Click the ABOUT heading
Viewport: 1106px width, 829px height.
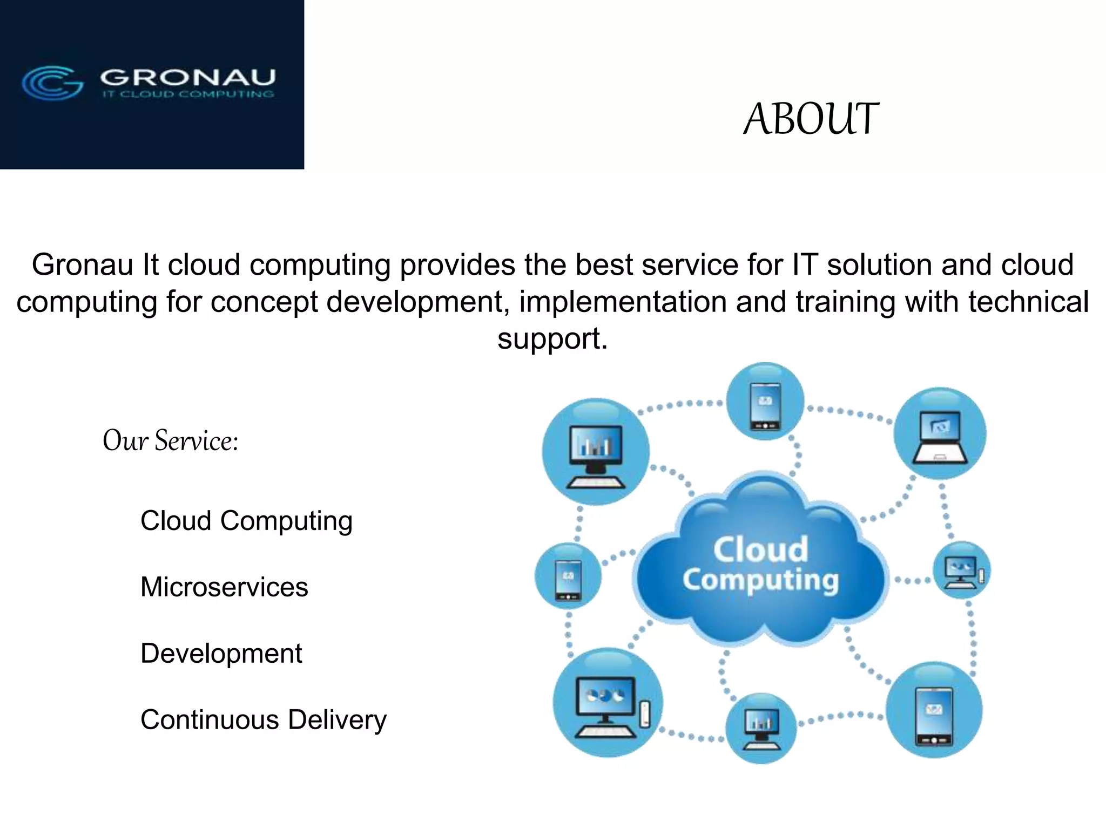pos(811,119)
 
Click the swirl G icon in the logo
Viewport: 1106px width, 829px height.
pos(52,83)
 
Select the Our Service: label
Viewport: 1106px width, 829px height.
pos(170,440)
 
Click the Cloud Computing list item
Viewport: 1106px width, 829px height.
pos(246,521)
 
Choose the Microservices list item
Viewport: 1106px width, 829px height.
pos(224,587)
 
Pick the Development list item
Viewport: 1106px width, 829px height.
pos(221,654)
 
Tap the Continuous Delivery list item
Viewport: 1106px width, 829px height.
pos(264,720)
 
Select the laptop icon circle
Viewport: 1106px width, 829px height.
pos(940,433)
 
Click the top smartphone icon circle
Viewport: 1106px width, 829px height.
pos(765,402)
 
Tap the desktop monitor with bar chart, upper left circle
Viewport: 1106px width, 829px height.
pos(596,452)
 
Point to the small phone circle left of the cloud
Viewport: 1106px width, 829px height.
pos(568,576)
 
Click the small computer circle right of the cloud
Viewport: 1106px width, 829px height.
pos(962,570)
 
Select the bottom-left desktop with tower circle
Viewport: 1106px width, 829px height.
pos(608,702)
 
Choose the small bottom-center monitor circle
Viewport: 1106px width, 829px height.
pos(761,728)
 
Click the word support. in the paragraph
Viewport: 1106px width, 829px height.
pos(552,339)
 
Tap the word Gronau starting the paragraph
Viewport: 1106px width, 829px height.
pos(82,265)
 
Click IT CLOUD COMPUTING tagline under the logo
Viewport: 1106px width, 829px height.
pos(188,94)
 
